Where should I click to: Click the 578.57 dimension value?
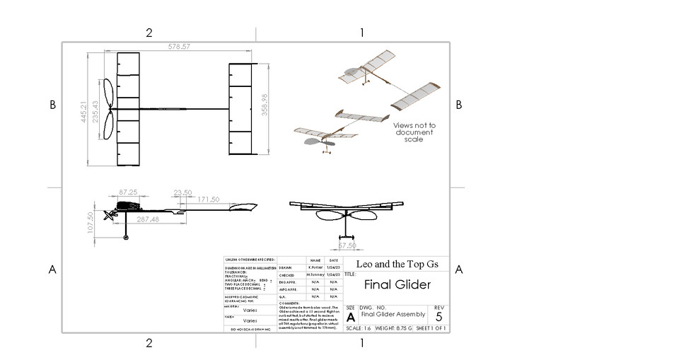[x=179, y=47]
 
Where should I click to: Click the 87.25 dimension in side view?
[x=128, y=192]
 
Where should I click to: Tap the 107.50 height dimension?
[x=91, y=221]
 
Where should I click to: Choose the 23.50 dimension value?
[x=182, y=192]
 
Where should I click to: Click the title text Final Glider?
[x=397, y=285]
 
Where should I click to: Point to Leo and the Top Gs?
[x=397, y=264]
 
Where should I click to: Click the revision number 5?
[x=439, y=317]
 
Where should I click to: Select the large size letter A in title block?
[x=351, y=318]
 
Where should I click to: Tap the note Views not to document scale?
[x=414, y=132]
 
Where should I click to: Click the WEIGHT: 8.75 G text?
[x=393, y=329]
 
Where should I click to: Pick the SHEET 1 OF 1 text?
[x=430, y=329]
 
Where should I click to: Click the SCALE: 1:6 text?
[x=359, y=329]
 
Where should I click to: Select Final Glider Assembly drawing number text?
[x=393, y=314]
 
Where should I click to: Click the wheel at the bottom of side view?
[x=127, y=238]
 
